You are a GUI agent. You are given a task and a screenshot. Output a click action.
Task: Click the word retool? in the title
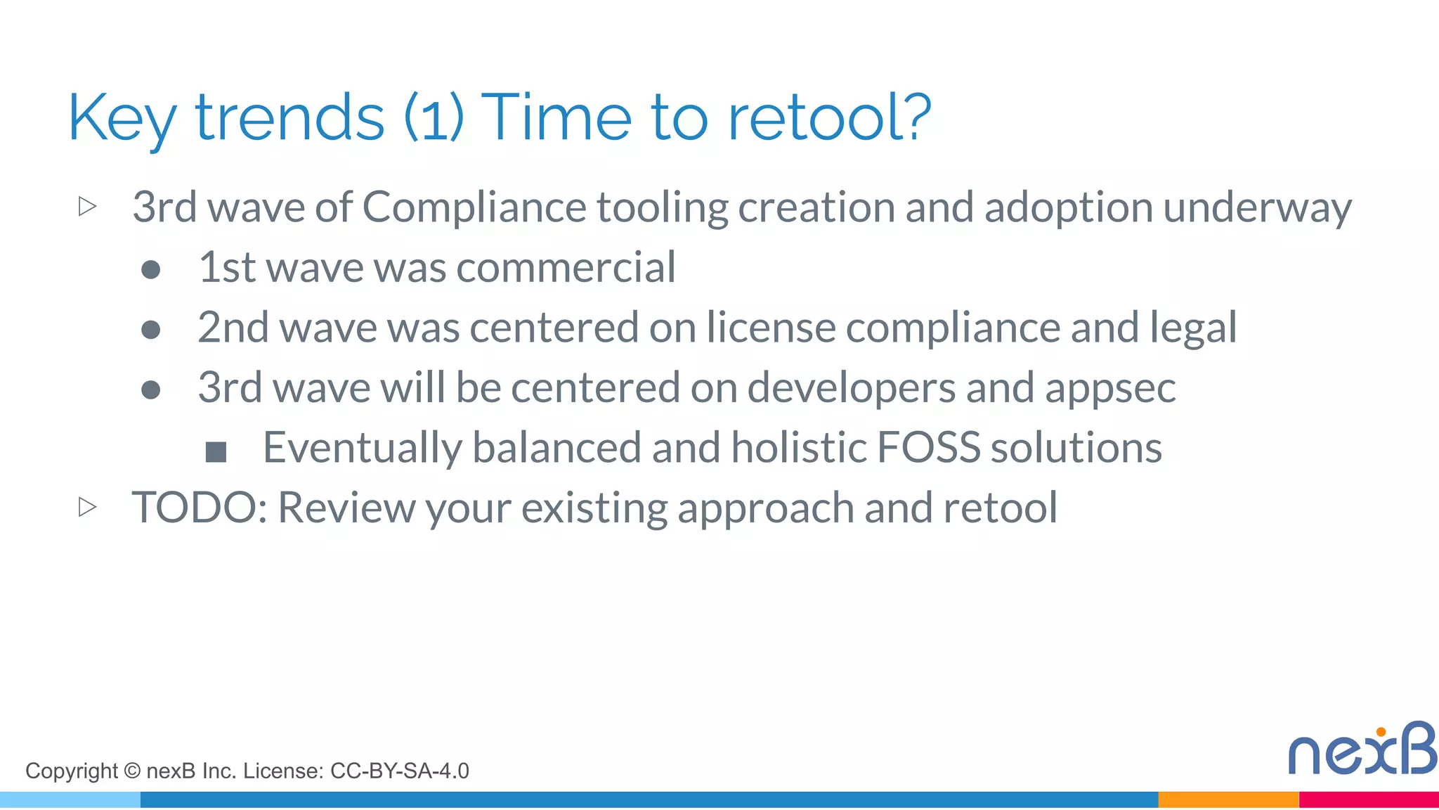click(x=829, y=117)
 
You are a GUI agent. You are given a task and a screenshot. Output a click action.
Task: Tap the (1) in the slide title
click(x=434, y=117)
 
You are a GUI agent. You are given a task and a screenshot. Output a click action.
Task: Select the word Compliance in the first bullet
click(x=474, y=207)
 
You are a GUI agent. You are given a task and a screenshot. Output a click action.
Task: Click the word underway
click(x=1257, y=209)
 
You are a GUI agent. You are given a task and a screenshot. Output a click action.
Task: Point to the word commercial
click(x=566, y=268)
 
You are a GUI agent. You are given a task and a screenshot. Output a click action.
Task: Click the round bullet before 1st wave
click(x=151, y=269)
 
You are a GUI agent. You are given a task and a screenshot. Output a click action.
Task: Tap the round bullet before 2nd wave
click(x=151, y=329)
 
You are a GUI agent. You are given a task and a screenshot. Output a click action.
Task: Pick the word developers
click(x=851, y=389)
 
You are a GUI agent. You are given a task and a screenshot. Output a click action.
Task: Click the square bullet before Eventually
click(x=216, y=451)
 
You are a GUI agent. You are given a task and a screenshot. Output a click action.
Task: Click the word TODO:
click(x=200, y=508)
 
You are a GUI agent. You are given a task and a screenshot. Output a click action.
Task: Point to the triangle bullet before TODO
click(x=87, y=506)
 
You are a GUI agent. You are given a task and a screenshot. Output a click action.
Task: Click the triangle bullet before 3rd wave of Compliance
click(x=87, y=206)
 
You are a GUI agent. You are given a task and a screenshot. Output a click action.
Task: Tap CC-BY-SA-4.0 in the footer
click(x=399, y=771)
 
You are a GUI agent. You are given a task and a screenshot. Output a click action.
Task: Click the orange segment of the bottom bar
click(x=1228, y=799)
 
